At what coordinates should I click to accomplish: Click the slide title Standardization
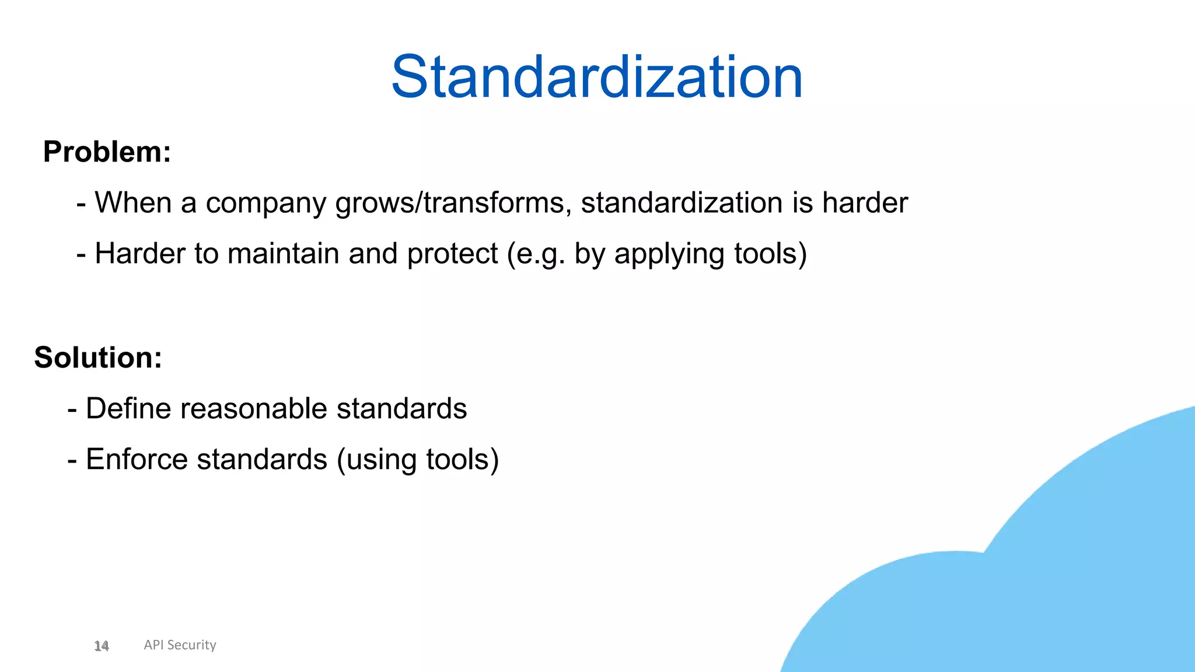pyautogui.click(x=597, y=77)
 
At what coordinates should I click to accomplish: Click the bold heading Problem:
pyautogui.click(x=107, y=152)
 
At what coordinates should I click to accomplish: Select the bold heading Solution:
pyautogui.click(x=98, y=358)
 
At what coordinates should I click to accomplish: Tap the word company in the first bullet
pyautogui.click(x=265, y=204)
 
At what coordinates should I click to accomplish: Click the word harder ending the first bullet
pyautogui.click(x=865, y=202)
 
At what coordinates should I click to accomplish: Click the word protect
pyautogui.click(x=452, y=254)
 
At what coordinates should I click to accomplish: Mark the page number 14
pyautogui.click(x=102, y=646)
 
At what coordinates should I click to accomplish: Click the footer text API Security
pyautogui.click(x=180, y=645)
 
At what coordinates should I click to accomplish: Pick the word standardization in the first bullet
pyautogui.click(x=681, y=202)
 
